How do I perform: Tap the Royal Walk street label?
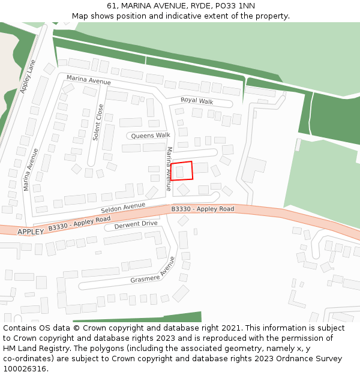pos(197,101)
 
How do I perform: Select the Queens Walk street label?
pos(151,136)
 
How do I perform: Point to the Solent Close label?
pos(98,122)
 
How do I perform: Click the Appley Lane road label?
pos(28,76)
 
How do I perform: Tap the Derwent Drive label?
pos(136,224)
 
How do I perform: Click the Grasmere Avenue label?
pos(153,271)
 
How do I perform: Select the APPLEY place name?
pos(31,232)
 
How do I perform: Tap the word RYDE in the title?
pos(185,5)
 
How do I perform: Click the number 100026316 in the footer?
pos(25,368)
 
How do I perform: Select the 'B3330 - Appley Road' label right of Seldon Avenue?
pos(202,209)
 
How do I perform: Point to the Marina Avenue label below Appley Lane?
pos(31,169)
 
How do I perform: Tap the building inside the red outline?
pos(180,172)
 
